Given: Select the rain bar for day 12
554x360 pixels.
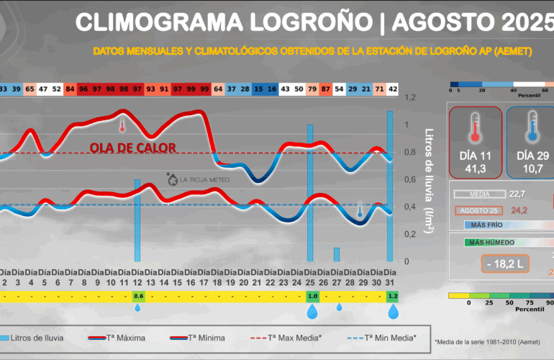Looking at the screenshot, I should [137, 220].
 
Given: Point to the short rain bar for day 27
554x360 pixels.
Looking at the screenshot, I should [337, 254].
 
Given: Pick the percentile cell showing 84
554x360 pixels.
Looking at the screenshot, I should [71, 89].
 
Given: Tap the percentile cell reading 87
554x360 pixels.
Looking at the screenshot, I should [325, 89].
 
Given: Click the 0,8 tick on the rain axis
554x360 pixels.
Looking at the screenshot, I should [410, 152].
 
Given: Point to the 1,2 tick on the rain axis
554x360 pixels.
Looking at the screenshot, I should [410, 97].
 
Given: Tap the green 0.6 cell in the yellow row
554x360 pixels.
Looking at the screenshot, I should [138, 296].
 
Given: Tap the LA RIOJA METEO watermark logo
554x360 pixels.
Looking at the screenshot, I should [189, 179].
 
